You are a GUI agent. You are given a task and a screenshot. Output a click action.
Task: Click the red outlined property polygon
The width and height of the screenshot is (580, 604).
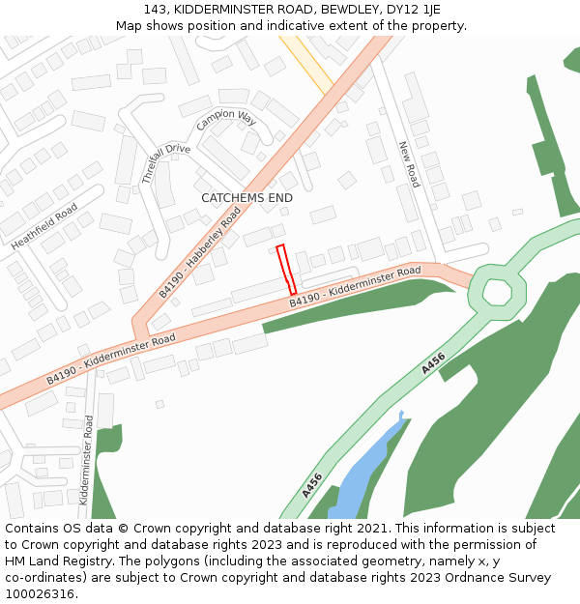coord(286,270)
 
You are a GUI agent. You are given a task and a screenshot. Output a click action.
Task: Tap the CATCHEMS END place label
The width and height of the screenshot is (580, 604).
coord(246,198)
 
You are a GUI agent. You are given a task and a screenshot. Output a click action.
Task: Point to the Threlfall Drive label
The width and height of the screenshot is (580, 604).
coord(165,162)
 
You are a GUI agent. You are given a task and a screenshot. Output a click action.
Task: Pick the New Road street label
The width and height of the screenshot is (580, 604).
coord(409,164)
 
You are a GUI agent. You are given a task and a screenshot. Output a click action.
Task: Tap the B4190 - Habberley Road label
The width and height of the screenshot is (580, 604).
coord(200,251)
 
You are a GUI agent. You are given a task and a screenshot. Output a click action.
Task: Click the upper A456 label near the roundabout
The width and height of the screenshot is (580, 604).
coord(433,363)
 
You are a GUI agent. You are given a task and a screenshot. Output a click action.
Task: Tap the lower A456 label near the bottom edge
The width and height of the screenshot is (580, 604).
coord(311,485)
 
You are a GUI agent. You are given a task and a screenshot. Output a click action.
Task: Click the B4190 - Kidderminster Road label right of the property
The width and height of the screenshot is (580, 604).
coord(355,287)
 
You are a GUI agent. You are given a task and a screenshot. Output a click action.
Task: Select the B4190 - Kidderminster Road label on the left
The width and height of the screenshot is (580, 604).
coord(111,359)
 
